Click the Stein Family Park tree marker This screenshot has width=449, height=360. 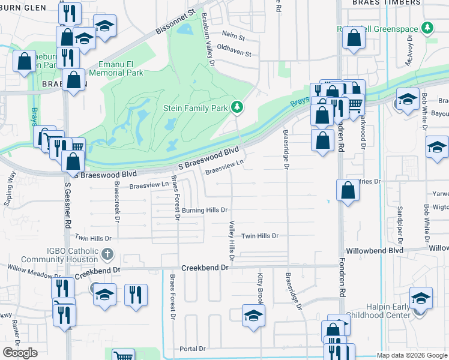[238, 107]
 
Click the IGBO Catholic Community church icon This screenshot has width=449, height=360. [108, 253]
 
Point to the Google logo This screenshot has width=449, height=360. [20, 352]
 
